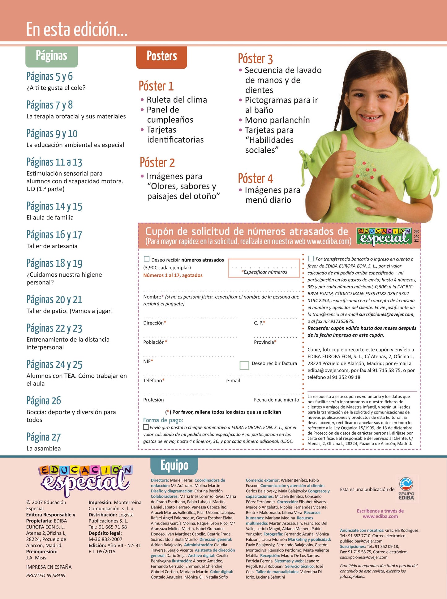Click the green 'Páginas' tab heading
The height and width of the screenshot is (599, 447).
coord(51,56)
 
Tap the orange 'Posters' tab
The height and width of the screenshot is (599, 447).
coord(161,57)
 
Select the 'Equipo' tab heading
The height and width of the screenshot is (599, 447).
coord(174,465)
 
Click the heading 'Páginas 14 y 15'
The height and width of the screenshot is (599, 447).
coord(54,206)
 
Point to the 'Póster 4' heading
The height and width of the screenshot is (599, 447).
coord(255,178)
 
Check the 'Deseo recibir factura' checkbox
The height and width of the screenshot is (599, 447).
coord(244,365)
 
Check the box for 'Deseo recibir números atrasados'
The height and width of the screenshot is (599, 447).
coord(147,259)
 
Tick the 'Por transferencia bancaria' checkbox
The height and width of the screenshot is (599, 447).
coord(311,258)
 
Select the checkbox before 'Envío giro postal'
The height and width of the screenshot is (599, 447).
coord(146,427)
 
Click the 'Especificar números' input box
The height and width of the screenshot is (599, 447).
coord(264,268)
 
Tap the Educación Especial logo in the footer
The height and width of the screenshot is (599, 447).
coord(85,479)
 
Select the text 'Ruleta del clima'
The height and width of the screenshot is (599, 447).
coord(177,100)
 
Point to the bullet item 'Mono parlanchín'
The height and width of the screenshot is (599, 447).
coord(277,120)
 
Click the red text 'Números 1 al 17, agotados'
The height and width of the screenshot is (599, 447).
coord(173,275)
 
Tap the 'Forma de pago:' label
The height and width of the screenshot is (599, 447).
coord(163,420)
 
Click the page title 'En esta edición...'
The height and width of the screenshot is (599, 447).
coord(77,30)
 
